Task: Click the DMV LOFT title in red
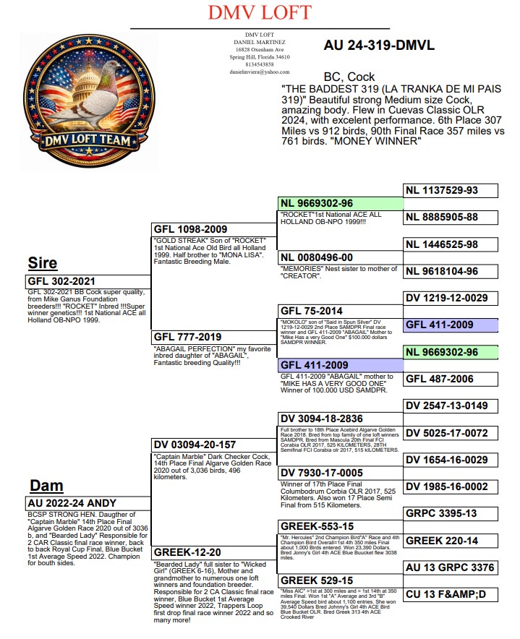259,12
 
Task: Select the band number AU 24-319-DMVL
379,45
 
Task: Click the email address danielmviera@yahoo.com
260,72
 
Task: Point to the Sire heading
43,262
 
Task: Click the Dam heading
46,485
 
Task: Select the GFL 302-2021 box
86,281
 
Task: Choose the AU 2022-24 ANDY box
86,503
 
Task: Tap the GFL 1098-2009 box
214,229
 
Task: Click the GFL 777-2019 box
214,337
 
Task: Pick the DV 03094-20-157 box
214,445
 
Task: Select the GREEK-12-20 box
214,553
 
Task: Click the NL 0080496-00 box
339,258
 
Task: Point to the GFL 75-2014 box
339,311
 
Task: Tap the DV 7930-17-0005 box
339,473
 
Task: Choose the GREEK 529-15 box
339,580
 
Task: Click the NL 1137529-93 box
451,191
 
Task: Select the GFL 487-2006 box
451,379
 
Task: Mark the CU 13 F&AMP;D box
451,595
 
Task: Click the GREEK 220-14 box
451,541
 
